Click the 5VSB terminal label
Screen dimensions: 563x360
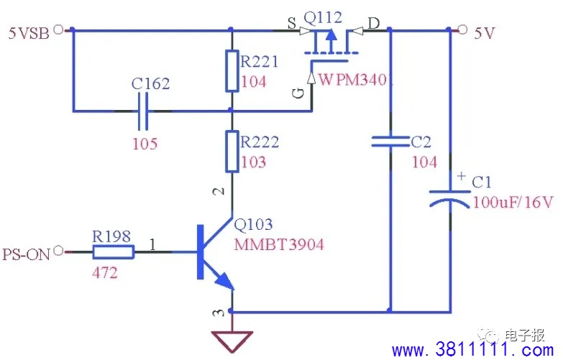pyautogui.click(x=29, y=33)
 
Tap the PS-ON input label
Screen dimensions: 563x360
pyautogui.click(x=26, y=254)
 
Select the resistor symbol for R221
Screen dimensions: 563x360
pyautogui.click(x=232, y=70)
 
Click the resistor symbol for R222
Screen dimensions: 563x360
pyautogui.click(x=232, y=151)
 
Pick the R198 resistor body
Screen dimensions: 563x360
pyautogui.click(x=114, y=252)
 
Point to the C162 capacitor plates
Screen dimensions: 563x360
pyautogui.click(x=143, y=111)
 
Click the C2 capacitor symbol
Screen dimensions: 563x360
pyautogui.click(x=390, y=142)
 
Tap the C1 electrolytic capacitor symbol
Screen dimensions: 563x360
pyautogui.click(x=450, y=198)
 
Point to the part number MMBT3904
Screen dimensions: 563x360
pyautogui.click(x=279, y=245)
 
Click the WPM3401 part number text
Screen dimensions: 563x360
pyautogui.click(x=354, y=80)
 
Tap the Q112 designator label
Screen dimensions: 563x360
pyautogui.click(x=323, y=17)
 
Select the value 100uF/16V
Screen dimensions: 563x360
pyautogui.click(x=513, y=203)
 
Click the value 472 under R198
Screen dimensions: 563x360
pyautogui.click(x=105, y=273)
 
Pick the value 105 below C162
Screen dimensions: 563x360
pyautogui.click(x=145, y=144)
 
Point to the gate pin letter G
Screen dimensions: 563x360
pyautogui.click(x=298, y=93)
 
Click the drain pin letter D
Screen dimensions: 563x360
pyautogui.click(x=374, y=24)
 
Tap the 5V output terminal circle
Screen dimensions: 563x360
pyautogui.click(x=462, y=29)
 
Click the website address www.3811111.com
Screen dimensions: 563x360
pyautogui.click(x=473, y=349)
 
